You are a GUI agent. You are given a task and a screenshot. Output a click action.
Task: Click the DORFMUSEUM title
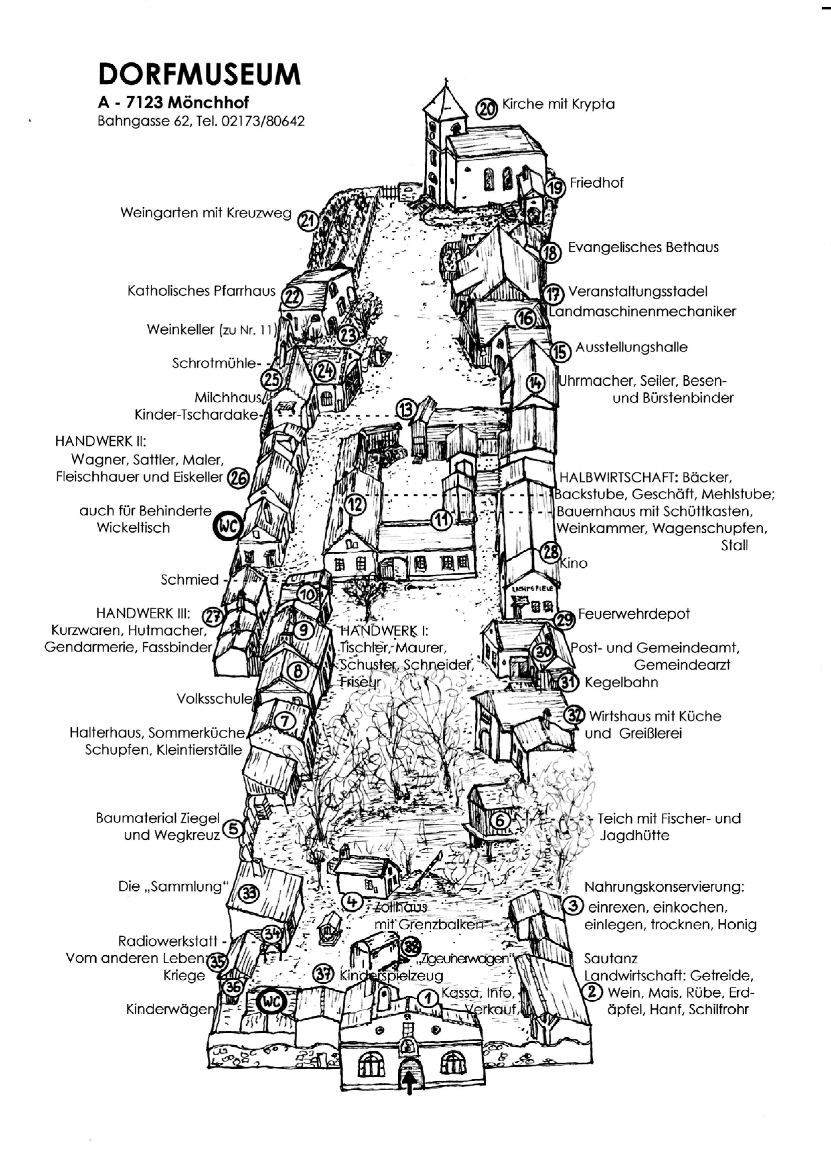(x=199, y=75)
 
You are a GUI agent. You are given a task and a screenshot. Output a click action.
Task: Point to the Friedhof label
(x=596, y=183)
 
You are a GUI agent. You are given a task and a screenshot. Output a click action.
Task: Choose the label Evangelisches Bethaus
(x=643, y=247)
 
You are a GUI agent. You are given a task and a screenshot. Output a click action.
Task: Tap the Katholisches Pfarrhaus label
(x=201, y=291)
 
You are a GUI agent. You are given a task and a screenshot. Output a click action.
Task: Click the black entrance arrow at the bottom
(x=409, y=1081)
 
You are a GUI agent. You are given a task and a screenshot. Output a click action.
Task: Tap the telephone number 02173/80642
(x=263, y=121)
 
